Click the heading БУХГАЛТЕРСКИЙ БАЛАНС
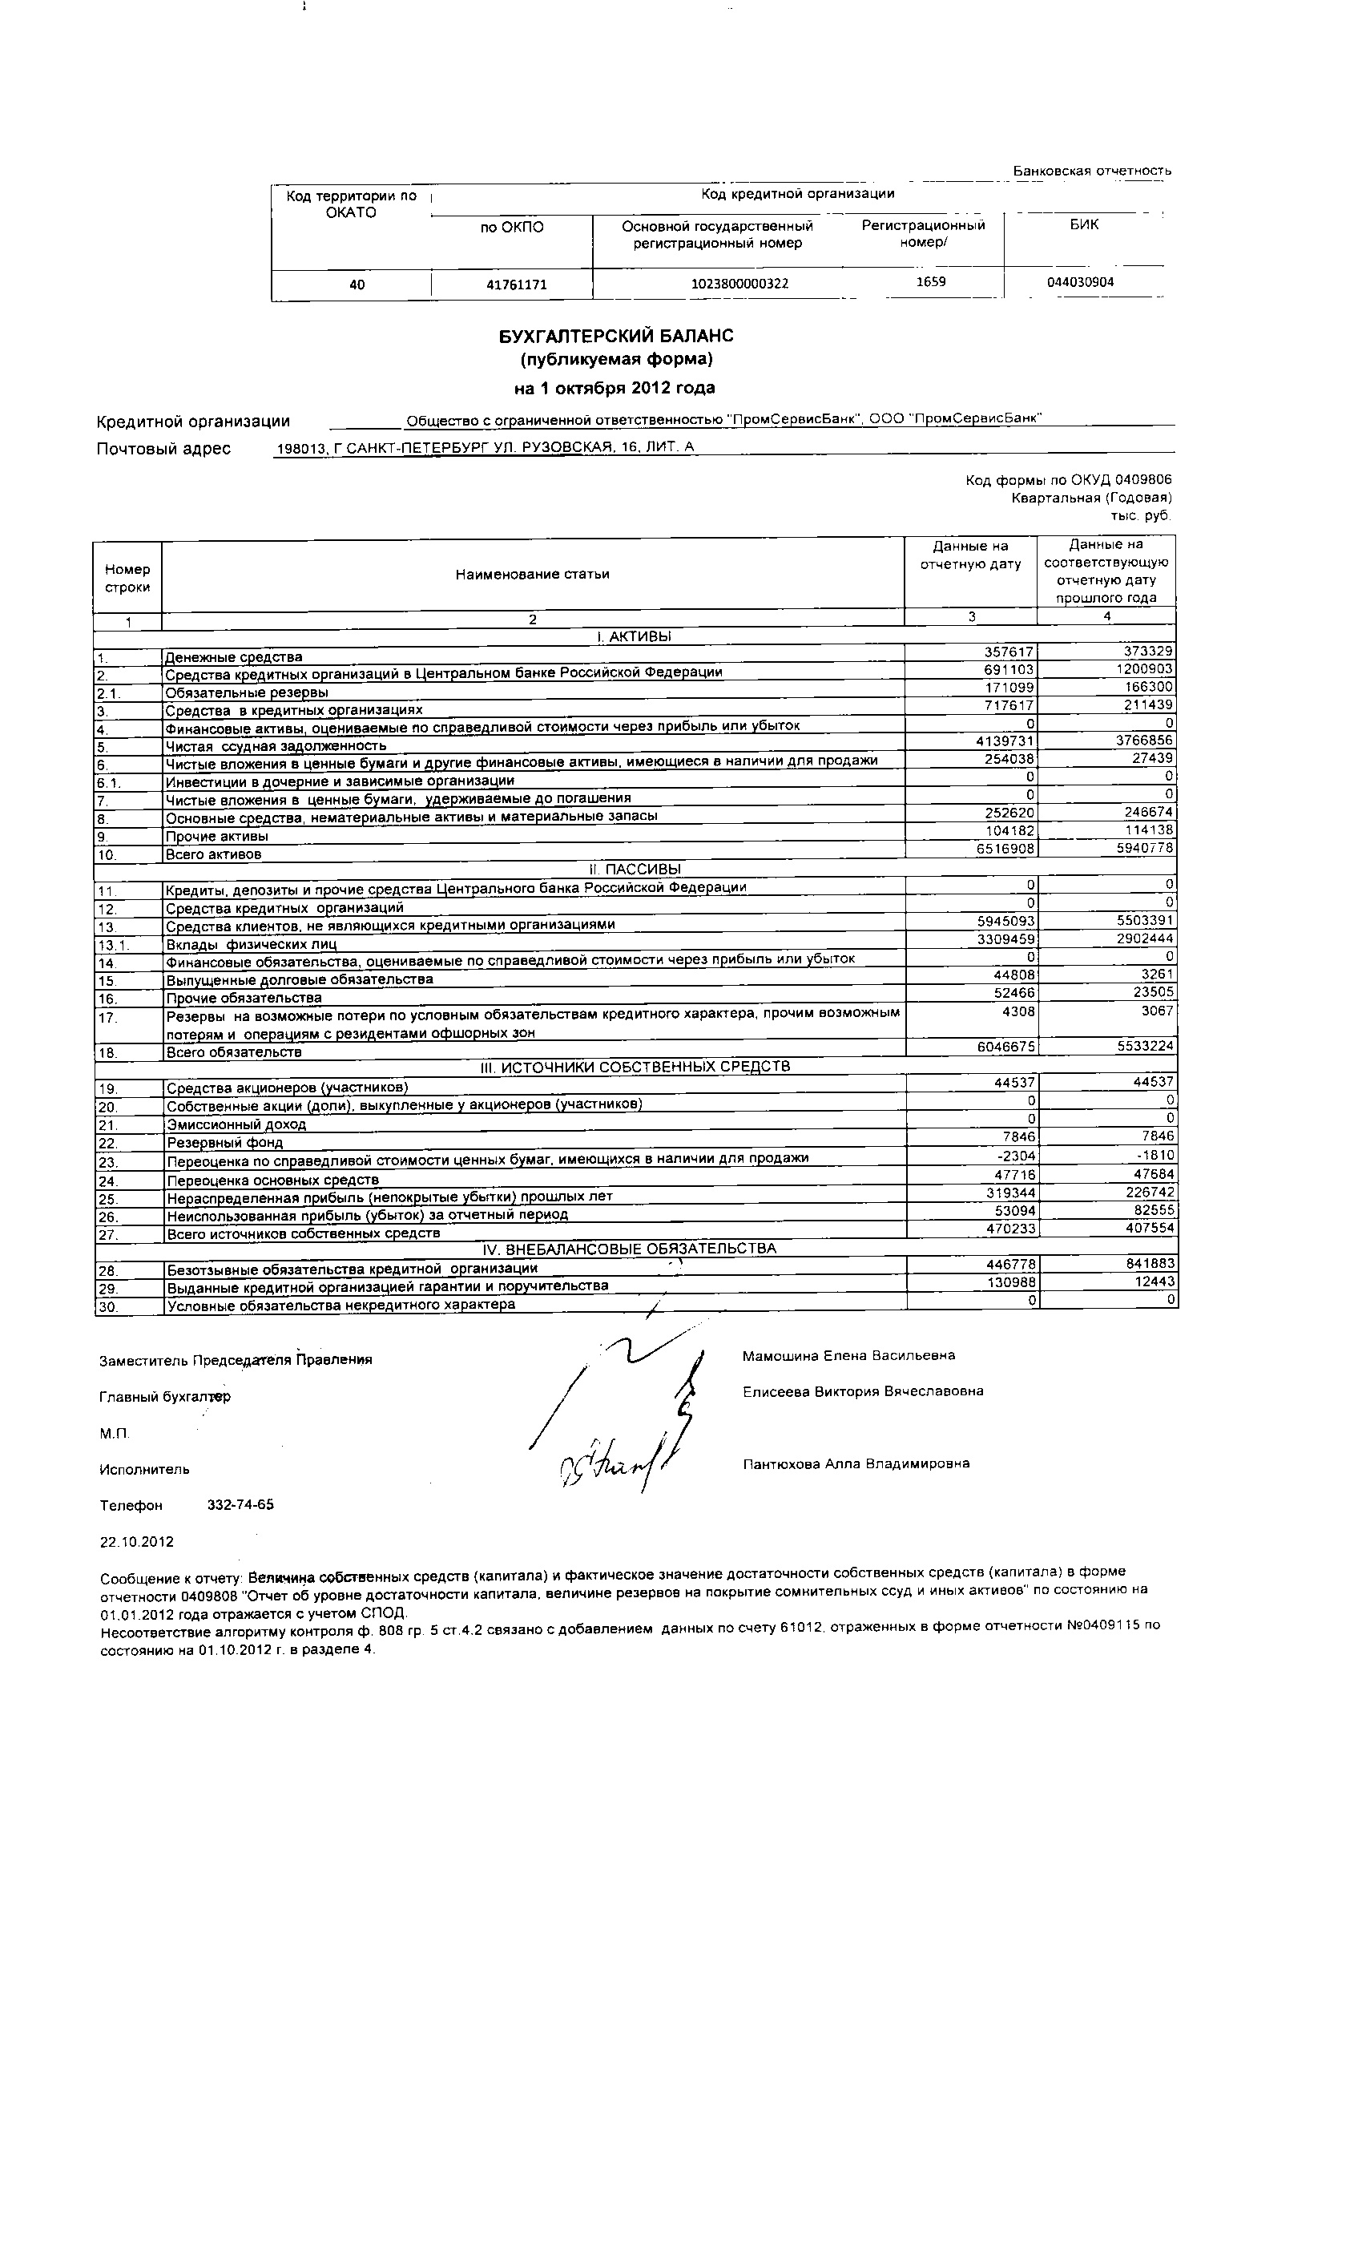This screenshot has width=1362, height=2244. (x=615, y=336)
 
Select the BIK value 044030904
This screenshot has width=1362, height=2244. (x=1080, y=282)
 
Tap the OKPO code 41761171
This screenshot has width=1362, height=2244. (x=516, y=285)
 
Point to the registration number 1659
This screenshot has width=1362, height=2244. (x=930, y=281)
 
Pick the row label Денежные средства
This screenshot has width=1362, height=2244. (x=233, y=656)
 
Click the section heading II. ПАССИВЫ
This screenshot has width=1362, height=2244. (x=635, y=869)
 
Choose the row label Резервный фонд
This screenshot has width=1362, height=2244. (x=224, y=1142)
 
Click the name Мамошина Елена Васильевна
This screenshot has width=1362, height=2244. (x=848, y=1355)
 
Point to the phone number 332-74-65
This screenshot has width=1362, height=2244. (x=240, y=1504)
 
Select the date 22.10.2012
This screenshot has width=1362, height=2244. (x=136, y=1542)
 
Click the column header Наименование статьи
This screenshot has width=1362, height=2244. (x=533, y=574)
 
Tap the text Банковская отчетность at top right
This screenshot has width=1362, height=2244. (x=1091, y=170)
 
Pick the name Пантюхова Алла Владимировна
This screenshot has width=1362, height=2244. (x=856, y=1463)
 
